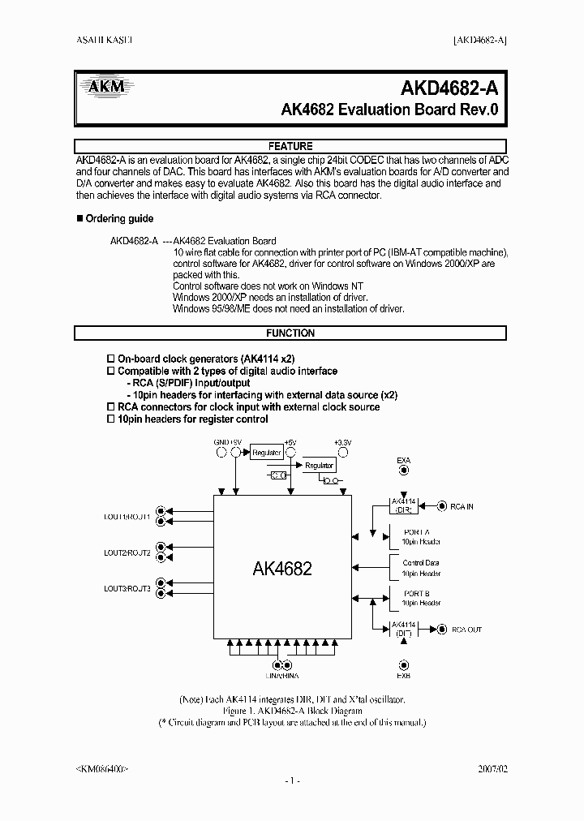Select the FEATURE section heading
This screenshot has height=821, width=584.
tap(290, 147)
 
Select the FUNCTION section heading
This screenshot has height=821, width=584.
tap(290, 333)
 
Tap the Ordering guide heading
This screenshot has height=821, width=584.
tap(119, 219)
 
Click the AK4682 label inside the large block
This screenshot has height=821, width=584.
tap(281, 569)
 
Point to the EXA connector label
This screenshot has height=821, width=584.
tap(403, 461)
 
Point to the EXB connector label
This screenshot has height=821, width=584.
tap(403, 675)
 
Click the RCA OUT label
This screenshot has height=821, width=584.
tap(466, 630)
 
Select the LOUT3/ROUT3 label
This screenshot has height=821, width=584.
tap(127, 588)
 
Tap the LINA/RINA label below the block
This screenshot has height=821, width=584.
tap(282, 675)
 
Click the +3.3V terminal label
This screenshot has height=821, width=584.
tap(342, 442)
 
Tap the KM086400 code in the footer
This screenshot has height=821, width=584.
tap(101, 767)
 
